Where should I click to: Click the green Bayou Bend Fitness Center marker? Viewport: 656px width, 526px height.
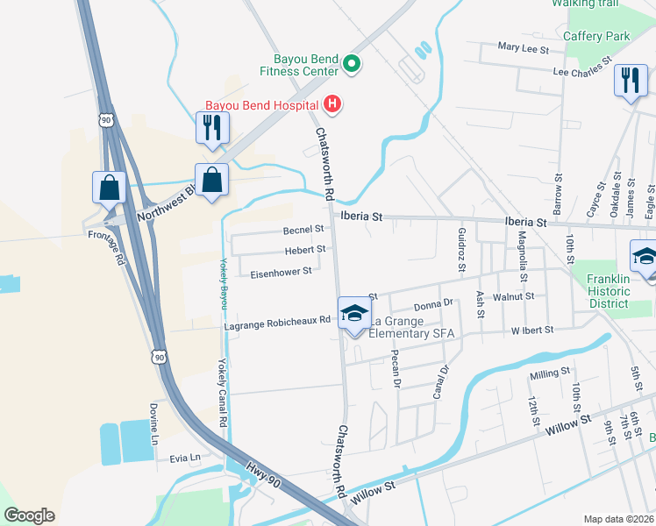352,63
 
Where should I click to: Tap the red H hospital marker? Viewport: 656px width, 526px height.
332,105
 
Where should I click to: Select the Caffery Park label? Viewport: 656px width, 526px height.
596,37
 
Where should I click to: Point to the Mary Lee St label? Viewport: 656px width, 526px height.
522,46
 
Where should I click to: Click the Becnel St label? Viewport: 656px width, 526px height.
303,229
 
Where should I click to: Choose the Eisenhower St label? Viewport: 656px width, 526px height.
281,272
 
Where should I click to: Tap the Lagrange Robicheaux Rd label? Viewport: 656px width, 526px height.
276,323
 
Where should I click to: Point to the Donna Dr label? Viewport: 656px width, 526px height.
432,303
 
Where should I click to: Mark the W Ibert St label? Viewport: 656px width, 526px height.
532,330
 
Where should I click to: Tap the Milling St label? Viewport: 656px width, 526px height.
550,374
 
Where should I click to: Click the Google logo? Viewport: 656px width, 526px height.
29,515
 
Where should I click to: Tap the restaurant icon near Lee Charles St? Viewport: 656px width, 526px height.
630,81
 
